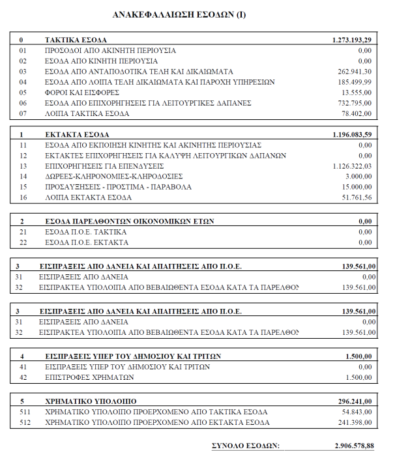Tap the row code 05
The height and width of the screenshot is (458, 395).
pyautogui.click(x=23, y=93)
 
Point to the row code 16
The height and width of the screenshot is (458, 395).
pyautogui.click(x=23, y=197)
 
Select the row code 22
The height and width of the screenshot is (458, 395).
pyautogui.click(x=23, y=242)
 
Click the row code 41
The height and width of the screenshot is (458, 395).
pyautogui.click(x=23, y=367)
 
